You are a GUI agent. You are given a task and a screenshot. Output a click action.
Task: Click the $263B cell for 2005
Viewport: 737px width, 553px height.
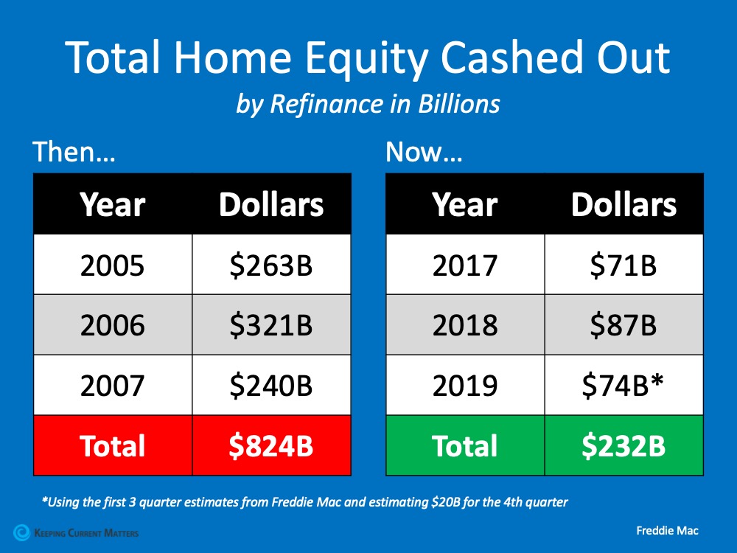(x=271, y=265)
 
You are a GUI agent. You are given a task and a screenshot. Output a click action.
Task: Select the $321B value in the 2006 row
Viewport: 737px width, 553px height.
(x=271, y=325)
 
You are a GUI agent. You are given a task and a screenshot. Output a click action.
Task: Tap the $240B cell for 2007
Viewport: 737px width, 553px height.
(x=271, y=385)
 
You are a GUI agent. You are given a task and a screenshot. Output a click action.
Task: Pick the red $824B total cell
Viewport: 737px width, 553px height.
(x=271, y=445)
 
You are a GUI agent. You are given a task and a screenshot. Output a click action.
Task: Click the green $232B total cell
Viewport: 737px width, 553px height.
(x=624, y=445)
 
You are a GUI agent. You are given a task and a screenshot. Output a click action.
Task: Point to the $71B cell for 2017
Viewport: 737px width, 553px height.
(x=624, y=265)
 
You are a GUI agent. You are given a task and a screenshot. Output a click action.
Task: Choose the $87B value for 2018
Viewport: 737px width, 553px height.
(x=624, y=325)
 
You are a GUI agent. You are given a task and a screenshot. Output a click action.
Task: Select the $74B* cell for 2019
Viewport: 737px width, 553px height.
(x=624, y=385)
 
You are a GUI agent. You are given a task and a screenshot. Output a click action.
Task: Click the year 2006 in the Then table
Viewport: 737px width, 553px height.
(x=112, y=325)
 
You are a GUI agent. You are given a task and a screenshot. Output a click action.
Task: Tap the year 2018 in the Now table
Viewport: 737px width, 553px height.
(x=465, y=325)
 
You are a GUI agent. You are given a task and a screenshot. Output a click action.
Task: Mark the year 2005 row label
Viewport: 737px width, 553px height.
(x=112, y=265)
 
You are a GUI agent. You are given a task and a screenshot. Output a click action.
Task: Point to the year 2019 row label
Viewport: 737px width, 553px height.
(x=465, y=386)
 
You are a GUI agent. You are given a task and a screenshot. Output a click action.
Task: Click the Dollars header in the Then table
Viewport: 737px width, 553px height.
(x=271, y=204)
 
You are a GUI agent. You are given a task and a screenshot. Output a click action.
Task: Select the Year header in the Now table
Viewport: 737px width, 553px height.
(x=465, y=205)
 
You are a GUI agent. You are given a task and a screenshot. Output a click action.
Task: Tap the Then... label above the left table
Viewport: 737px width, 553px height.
(x=74, y=151)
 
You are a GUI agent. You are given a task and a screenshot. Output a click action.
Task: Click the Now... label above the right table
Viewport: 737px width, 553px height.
(x=424, y=151)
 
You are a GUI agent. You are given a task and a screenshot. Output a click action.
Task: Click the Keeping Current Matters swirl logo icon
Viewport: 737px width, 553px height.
(x=21, y=532)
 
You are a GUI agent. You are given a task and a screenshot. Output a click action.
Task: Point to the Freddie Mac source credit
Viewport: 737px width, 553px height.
(x=668, y=531)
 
